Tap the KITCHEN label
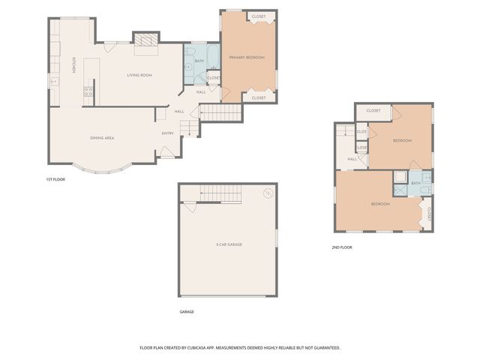click(73, 67)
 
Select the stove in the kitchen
click(88, 92)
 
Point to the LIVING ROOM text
click(139, 75)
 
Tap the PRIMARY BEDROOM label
click(247, 57)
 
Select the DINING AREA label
click(102, 138)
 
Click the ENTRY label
click(167, 133)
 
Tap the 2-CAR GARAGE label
click(229, 244)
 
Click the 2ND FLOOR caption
click(342, 247)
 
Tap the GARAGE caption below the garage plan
click(187, 311)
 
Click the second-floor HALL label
click(352, 159)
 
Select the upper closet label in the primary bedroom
click(259, 16)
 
